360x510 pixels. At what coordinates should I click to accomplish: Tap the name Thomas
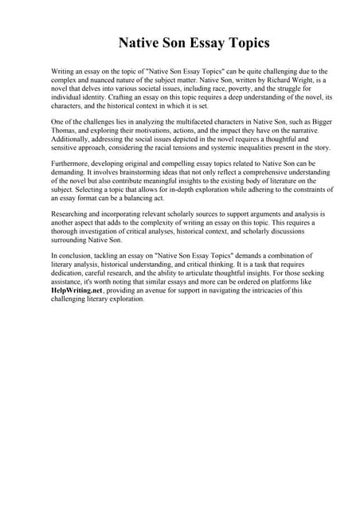click(65, 129)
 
